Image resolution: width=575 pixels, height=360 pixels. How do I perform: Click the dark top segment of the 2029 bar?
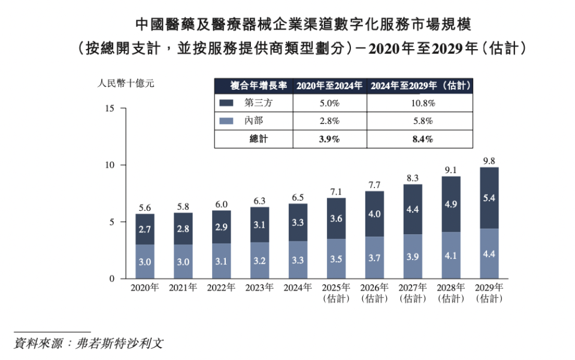click(x=489, y=198)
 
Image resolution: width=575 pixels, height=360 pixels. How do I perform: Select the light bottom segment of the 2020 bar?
click(x=144, y=261)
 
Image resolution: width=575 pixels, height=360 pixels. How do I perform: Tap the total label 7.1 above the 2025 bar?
click(x=335, y=192)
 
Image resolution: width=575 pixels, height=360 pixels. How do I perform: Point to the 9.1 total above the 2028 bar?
click(x=450, y=170)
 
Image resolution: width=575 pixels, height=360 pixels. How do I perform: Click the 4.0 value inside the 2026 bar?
click(x=374, y=214)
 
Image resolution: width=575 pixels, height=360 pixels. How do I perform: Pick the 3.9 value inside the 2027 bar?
click(x=412, y=256)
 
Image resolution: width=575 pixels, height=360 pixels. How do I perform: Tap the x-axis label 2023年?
click(x=259, y=288)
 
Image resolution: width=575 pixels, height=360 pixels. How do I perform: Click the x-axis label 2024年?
click(x=297, y=288)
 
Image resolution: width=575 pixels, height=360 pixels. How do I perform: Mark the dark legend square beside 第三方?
click(x=227, y=103)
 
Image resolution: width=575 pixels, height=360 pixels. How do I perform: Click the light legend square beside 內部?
click(x=227, y=120)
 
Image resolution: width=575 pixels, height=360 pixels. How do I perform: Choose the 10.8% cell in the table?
click(x=419, y=103)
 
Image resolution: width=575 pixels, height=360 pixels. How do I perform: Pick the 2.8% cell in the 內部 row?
click(x=329, y=120)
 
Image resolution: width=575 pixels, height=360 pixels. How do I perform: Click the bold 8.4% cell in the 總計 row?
click(x=419, y=139)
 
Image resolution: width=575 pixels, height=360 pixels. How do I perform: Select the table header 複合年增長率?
click(x=254, y=86)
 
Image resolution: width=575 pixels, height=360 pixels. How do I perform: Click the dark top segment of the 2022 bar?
click(x=221, y=226)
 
